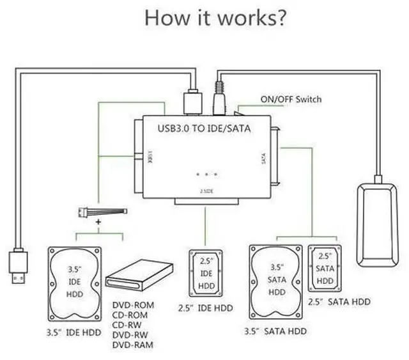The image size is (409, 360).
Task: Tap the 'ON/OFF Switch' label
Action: coord(291,100)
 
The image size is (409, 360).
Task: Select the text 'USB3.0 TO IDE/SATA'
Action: coord(204,128)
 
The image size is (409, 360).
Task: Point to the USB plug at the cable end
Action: coord(18,265)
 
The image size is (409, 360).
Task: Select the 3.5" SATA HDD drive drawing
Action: coord(275,282)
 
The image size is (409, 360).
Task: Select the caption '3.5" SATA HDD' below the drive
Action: coord(276,331)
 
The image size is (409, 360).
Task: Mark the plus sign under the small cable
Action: coord(98,221)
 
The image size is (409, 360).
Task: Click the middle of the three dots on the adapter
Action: coord(207,174)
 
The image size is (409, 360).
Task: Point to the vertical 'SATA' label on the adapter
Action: coord(265,159)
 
